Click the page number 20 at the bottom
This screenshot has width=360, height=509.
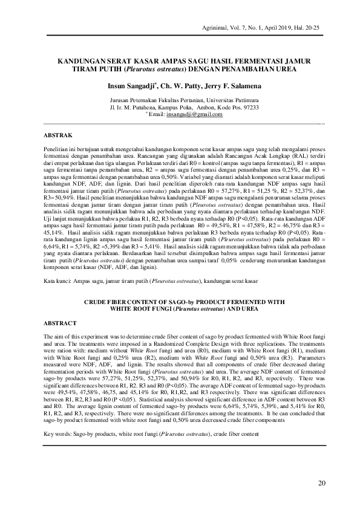[321, 482]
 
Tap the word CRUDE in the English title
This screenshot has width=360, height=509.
[96, 301]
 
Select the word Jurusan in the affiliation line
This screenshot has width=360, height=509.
[120, 100]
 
